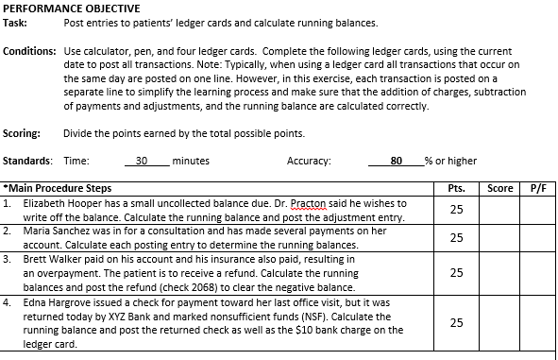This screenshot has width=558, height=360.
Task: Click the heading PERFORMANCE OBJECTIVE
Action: [66, 9]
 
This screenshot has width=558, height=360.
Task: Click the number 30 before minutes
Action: [143, 162]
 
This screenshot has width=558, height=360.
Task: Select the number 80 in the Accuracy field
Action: [397, 162]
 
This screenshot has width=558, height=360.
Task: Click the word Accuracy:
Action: [309, 162]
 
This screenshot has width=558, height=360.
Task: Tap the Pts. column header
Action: [456, 188]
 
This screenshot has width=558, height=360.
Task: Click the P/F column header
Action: [537, 188]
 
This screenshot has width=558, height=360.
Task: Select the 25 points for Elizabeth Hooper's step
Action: [456, 209]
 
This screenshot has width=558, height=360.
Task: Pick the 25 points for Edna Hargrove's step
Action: [456, 322]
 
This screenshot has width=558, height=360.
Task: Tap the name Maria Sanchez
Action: [53, 230]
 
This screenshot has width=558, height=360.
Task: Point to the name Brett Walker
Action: [50, 258]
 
